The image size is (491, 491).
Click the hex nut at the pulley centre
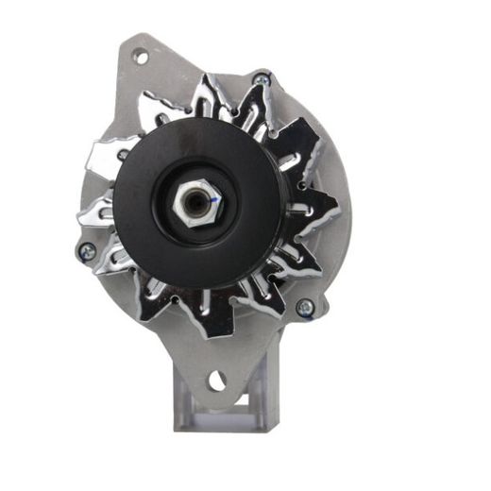[195, 200]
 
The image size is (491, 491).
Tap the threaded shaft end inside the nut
[195, 200]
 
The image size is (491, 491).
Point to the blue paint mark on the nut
[214, 201]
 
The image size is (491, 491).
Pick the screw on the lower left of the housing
[86, 250]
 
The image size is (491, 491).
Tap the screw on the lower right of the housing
[305, 307]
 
